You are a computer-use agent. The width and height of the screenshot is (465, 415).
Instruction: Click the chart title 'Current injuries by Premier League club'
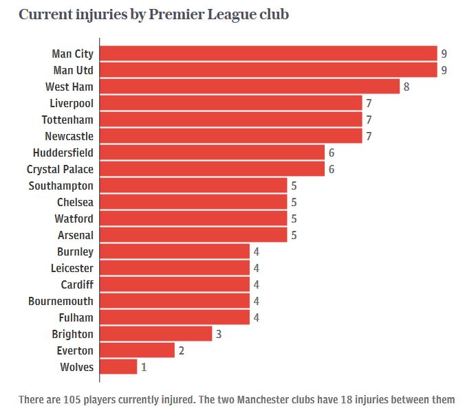tap(154, 15)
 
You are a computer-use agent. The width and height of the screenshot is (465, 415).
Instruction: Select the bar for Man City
tap(268, 54)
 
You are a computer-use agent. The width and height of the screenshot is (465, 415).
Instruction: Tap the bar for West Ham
tap(250, 87)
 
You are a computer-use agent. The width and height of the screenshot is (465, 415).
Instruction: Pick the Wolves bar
tap(118, 367)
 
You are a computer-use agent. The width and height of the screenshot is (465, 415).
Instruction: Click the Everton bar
tap(137, 350)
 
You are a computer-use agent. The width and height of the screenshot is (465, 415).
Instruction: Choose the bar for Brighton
tap(155, 334)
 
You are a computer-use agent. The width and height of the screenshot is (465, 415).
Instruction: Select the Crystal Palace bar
tap(212, 169)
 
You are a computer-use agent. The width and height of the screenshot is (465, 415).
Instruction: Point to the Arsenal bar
tap(193, 235)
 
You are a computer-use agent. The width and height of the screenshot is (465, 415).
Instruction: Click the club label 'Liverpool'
tap(72, 103)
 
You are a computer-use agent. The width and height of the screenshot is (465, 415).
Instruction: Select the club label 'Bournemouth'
tap(61, 301)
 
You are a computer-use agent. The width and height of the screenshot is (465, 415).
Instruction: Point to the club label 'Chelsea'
tap(75, 202)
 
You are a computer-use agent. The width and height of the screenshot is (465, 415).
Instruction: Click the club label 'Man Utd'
tap(73, 70)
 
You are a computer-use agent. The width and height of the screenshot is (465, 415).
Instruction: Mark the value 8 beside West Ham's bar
tap(407, 87)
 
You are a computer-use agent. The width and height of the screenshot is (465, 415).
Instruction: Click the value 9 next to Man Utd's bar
tap(444, 70)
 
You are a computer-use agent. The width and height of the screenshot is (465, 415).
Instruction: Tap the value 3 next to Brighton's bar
tap(219, 334)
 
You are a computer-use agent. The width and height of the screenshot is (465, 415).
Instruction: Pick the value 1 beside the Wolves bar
tap(144, 367)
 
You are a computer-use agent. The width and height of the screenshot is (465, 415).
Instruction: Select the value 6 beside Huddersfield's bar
tap(332, 153)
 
